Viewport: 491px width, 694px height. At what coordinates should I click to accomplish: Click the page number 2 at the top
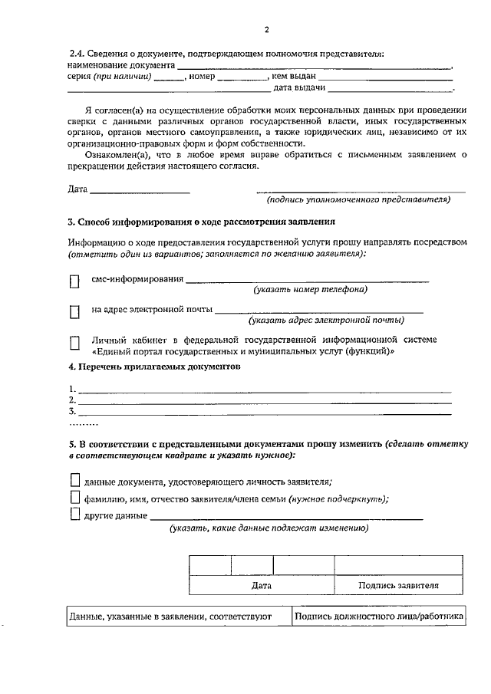(266, 30)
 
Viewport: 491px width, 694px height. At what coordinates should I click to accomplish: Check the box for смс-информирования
(74, 281)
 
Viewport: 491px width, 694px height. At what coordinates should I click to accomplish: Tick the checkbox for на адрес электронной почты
(74, 311)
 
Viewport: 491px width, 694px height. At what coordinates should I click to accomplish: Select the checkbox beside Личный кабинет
(74, 343)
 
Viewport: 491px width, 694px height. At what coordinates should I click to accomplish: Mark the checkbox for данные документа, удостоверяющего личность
(74, 481)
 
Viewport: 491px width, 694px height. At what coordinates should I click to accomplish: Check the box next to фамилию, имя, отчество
(74, 498)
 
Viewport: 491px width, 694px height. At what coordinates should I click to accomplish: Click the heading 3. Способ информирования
(202, 222)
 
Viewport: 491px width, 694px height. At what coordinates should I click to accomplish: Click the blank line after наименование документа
(315, 67)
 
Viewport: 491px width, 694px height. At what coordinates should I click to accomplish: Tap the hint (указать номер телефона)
(311, 290)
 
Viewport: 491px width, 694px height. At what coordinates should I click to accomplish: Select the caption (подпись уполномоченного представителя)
(358, 200)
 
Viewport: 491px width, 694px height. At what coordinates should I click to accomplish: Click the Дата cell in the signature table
(262, 585)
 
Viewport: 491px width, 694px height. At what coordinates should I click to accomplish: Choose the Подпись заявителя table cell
(398, 585)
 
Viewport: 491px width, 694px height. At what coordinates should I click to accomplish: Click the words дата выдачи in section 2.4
(348, 89)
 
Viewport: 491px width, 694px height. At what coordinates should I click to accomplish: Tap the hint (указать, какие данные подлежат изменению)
(269, 528)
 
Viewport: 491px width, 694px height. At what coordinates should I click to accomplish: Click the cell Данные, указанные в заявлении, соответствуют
(171, 616)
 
